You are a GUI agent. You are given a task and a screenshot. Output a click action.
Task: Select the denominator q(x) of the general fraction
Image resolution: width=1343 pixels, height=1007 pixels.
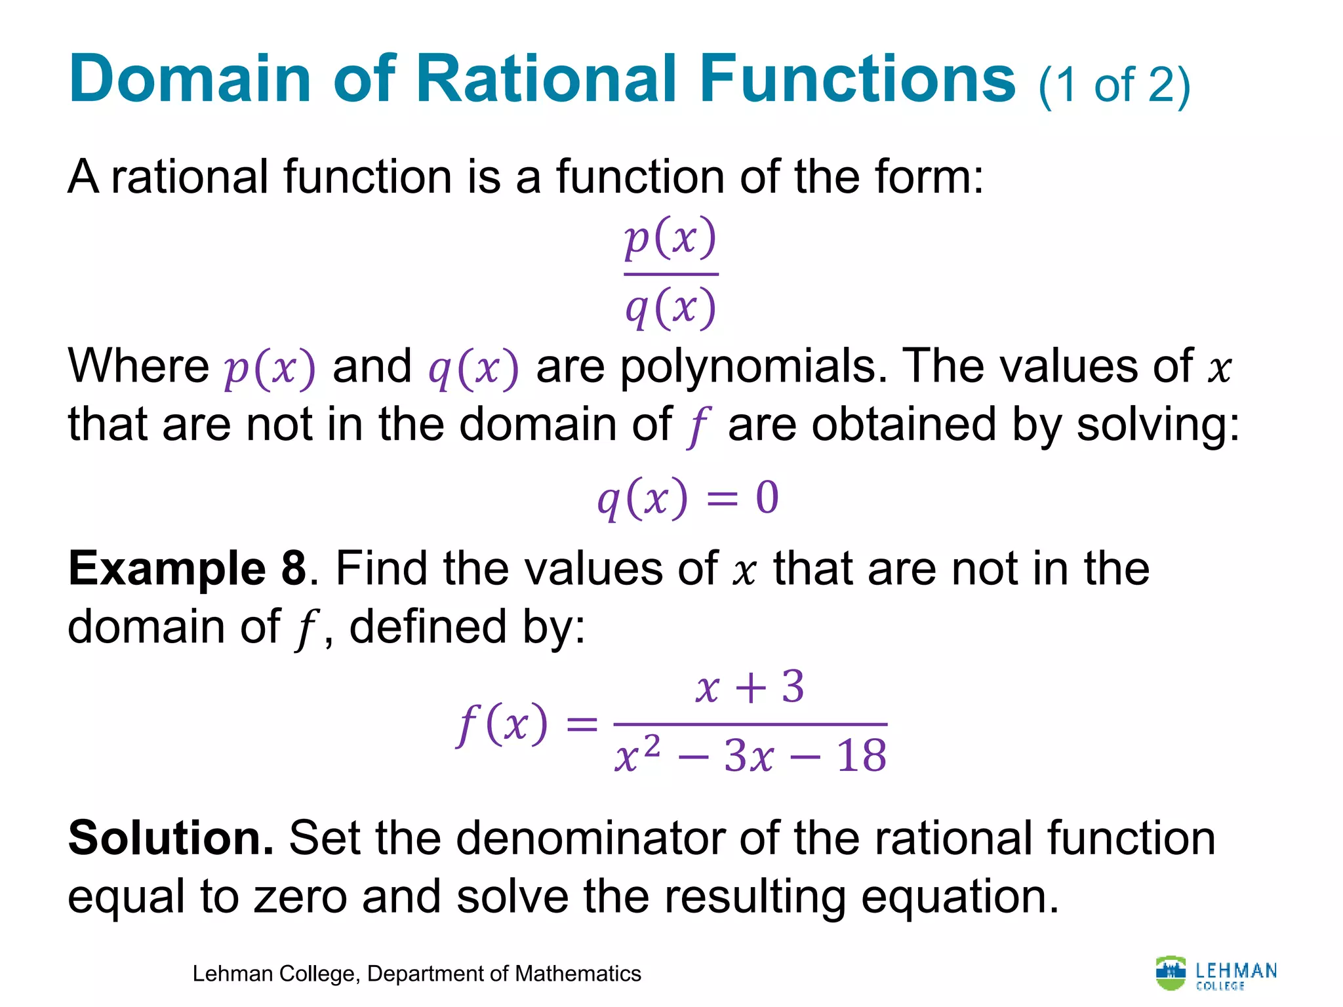(670, 308)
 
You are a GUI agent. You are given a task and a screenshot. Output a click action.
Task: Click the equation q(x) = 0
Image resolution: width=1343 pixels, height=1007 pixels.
(687, 498)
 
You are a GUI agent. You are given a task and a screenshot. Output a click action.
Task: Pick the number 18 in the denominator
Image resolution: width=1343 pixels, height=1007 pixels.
(862, 755)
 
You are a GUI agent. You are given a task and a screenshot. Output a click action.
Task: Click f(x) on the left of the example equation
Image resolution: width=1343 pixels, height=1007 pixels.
(502, 724)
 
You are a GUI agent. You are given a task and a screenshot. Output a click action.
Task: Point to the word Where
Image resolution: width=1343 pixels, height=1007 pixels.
(138, 366)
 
